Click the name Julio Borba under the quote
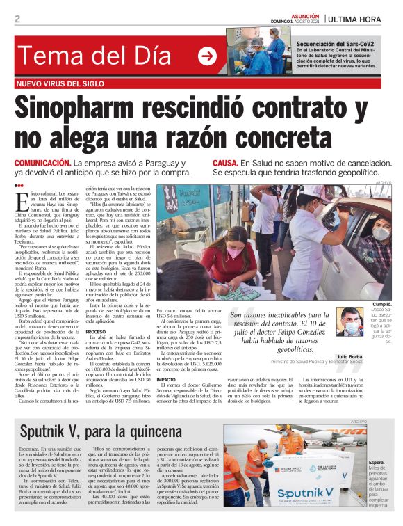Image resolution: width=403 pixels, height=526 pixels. point(351,356)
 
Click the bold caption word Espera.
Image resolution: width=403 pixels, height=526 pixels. point(377,461)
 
